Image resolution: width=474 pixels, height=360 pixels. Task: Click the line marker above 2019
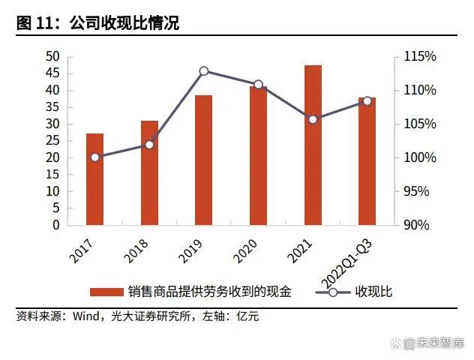(203, 70)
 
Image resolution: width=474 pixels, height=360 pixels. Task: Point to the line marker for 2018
(149, 144)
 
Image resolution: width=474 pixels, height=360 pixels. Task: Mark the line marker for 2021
(313, 119)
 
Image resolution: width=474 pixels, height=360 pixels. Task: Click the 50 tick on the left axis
(52, 57)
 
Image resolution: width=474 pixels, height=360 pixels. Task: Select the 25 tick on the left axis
(52, 141)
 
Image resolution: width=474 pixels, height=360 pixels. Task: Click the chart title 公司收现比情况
(124, 24)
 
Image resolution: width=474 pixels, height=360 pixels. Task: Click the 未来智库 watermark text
(441, 343)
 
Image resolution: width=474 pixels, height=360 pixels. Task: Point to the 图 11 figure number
(37, 24)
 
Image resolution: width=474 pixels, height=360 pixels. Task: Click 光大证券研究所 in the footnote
(148, 316)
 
